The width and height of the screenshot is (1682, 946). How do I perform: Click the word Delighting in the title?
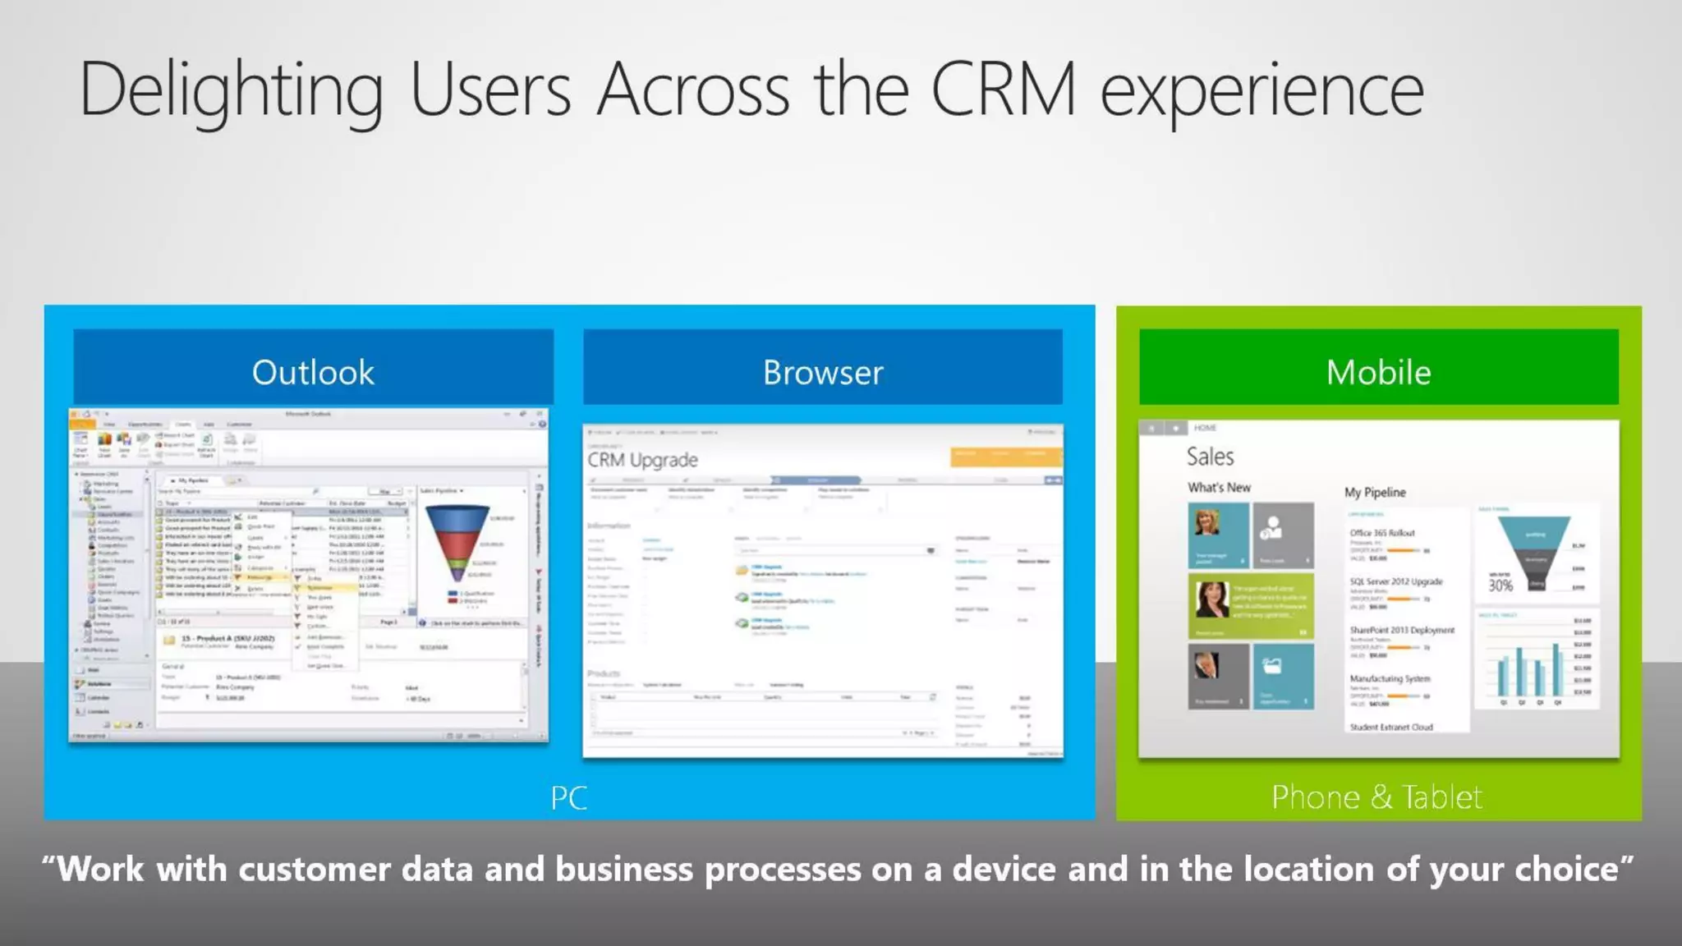(x=231, y=90)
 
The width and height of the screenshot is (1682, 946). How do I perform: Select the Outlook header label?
(x=313, y=372)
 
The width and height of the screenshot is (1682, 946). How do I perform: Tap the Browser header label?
(x=823, y=372)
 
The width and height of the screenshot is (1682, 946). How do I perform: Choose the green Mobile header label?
(x=1378, y=372)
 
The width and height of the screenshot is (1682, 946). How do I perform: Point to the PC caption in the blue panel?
(x=568, y=797)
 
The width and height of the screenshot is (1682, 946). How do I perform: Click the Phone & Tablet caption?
(x=1376, y=797)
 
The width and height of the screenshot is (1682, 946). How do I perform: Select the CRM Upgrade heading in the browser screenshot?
(x=642, y=460)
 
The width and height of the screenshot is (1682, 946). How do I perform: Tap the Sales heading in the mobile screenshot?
(x=1210, y=457)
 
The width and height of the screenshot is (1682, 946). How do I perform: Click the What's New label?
(x=1219, y=487)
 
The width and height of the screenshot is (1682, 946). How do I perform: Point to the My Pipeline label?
(x=1375, y=492)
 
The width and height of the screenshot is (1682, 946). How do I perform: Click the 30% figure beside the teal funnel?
(x=1500, y=586)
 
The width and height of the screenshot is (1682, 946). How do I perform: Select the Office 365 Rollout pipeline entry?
(x=1382, y=533)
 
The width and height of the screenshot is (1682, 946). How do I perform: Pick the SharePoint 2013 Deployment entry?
(x=1402, y=630)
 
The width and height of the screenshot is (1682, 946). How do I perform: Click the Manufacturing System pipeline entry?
(x=1390, y=678)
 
